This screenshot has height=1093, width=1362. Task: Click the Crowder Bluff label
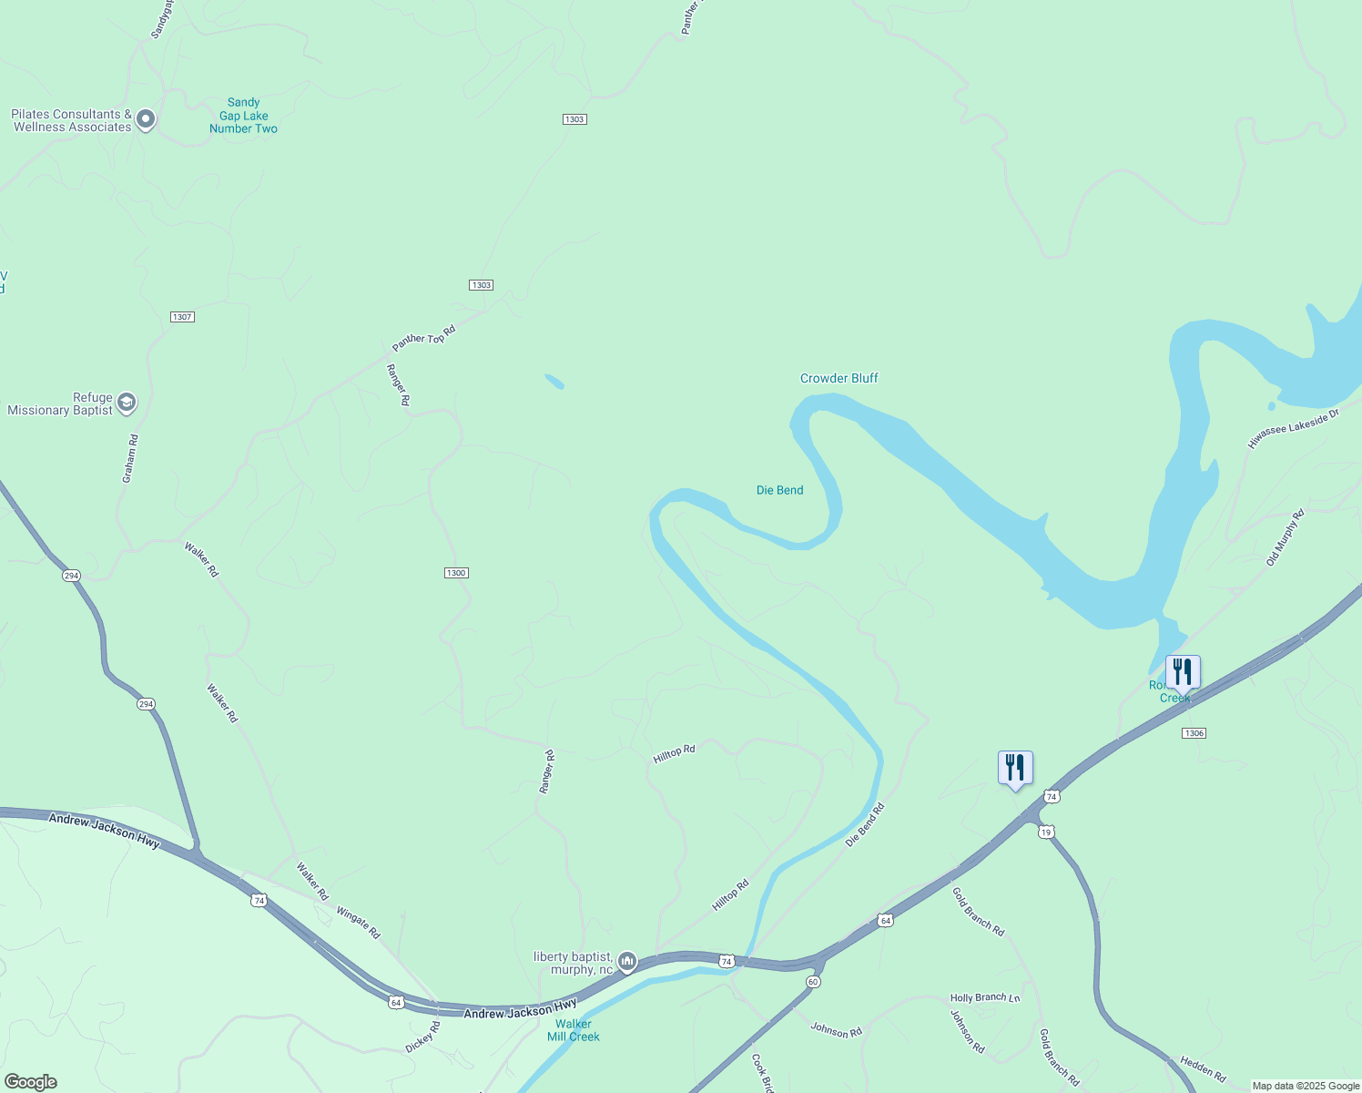click(x=839, y=378)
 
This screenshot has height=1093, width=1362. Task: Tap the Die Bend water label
click(x=779, y=490)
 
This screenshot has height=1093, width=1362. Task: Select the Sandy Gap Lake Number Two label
click(x=243, y=116)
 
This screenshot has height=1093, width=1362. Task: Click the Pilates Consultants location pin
click(x=146, y=119)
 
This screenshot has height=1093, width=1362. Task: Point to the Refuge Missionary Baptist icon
click(x=127, y=403)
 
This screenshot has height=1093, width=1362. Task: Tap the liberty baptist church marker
click(x=626, y=961)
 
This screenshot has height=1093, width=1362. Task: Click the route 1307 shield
click(x=182, y=317)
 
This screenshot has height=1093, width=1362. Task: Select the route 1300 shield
click(x=456, y=573)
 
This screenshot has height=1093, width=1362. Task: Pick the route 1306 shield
click(x=1194, y=733)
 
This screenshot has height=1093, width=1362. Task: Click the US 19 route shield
click(x=1046, y=832)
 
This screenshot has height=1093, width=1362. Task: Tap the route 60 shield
click(x=813, y=981)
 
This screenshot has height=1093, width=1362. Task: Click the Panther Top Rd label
click(x=423, y=338)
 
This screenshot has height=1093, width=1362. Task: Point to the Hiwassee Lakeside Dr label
click(x=1293, y=428)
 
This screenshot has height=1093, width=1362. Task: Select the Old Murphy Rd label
click(x=1285, y=537)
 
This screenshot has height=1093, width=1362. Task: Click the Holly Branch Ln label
click(x=984, y=997)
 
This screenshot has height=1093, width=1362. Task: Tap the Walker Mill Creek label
click(x=574, y=1030)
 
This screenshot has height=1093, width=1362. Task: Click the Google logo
click(x=30, y=1082)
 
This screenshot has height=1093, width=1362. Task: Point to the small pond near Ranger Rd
click(x=554, y=381)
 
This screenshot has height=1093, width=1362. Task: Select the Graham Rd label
click(x=130, y=458)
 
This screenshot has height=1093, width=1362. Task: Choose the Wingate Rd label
click(x=358, y=922)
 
